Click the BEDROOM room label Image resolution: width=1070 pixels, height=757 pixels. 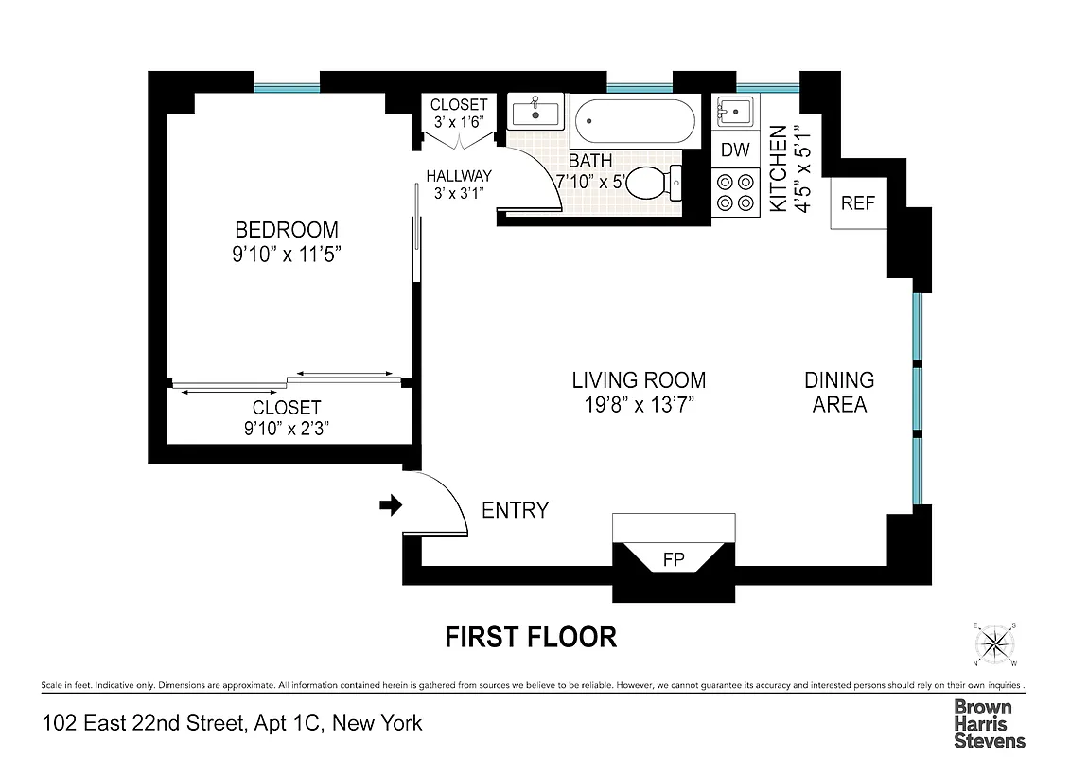286,230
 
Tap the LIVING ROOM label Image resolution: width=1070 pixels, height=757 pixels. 639,380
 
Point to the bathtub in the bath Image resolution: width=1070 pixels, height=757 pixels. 633,120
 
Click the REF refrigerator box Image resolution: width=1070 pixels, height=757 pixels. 858,203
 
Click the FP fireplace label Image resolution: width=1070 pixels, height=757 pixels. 674,559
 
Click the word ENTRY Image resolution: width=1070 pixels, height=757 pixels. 515,511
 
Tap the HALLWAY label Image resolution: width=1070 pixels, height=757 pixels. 458,176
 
